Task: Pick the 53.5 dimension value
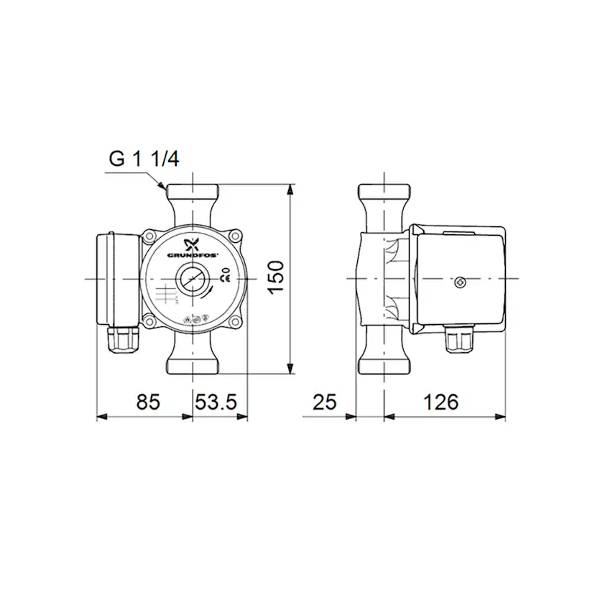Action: tap(216, 402)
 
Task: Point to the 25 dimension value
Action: tap(324, 402)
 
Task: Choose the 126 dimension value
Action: tap(440, 402)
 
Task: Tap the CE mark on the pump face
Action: tap(224, 277)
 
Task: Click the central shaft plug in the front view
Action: tap(192, 278)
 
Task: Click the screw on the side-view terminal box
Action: tap(460, 282)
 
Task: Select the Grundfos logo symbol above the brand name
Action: tap(190, 242)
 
